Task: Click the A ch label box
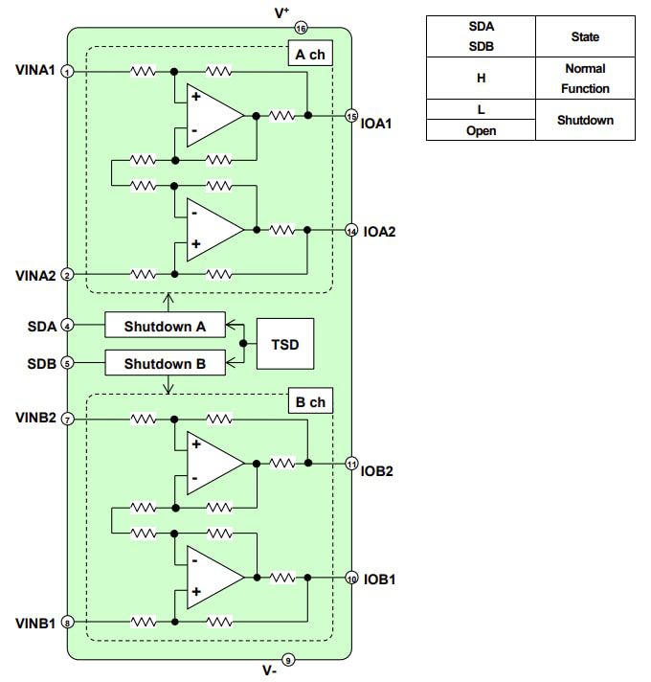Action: click(x=309, y=55)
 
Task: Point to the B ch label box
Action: click(x=309, y=402)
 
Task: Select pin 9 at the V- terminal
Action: click(x=290, y=659)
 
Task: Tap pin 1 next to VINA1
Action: click(x=67, y=72)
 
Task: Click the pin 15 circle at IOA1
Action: click(x=351, y=115)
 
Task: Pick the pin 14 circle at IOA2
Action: click(x=351, y=230)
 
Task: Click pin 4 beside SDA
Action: click(x=67, y=326)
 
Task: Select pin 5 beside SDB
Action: click(x=67, y=364)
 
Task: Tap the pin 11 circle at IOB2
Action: click(x=351, y=464)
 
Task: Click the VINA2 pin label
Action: click(x=35, y=274)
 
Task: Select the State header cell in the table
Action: click(x=584, y=36)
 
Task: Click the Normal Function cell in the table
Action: click(x=584, y=79)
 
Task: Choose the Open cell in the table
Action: click(x=481, y=130)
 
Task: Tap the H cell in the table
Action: click(x=481, y=79)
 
